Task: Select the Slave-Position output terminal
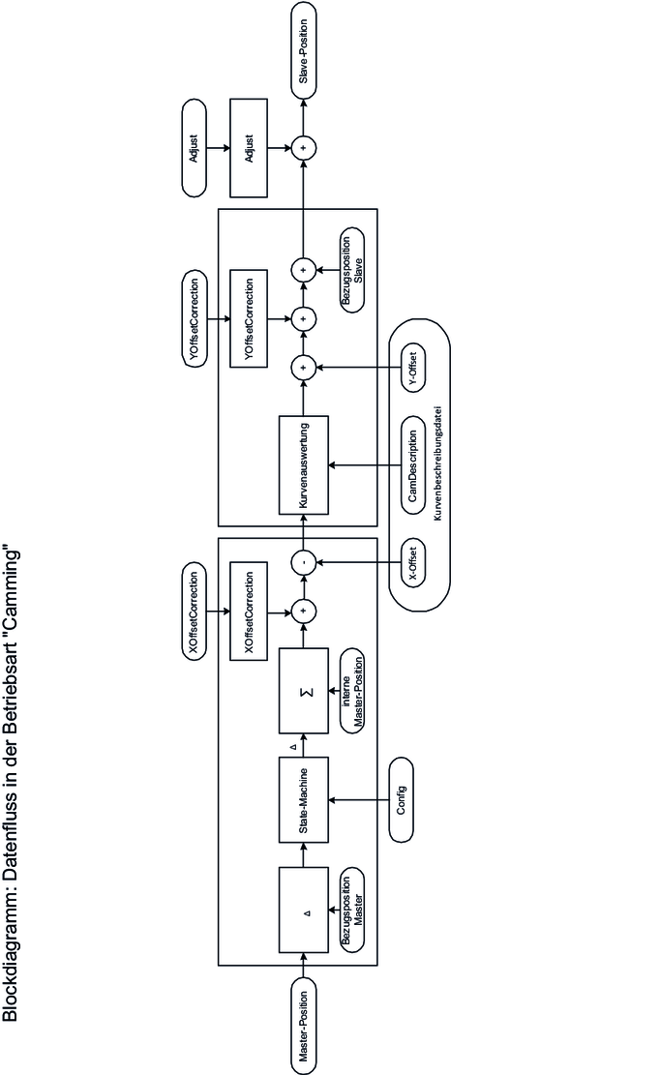coord(304,50)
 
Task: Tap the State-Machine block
coord(304,799)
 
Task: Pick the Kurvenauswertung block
coord(304,464)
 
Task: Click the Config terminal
coord(402,799)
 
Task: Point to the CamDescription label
coord(412,465)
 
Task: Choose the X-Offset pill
coord(412,563)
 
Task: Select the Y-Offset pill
coord(412,368)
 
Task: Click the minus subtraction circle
coord(303,563)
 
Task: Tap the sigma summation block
coord(304,690)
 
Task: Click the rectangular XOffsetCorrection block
coord(249,612)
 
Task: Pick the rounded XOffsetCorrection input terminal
coord(194,612)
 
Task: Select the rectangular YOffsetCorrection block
coord(249,318)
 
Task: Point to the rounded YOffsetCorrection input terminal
coord(194,318)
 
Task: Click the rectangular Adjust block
coord(249,147)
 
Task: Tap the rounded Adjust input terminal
coord(194,147)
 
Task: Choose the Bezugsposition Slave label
coord(351,270)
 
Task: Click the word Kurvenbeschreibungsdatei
coord(438,464)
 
